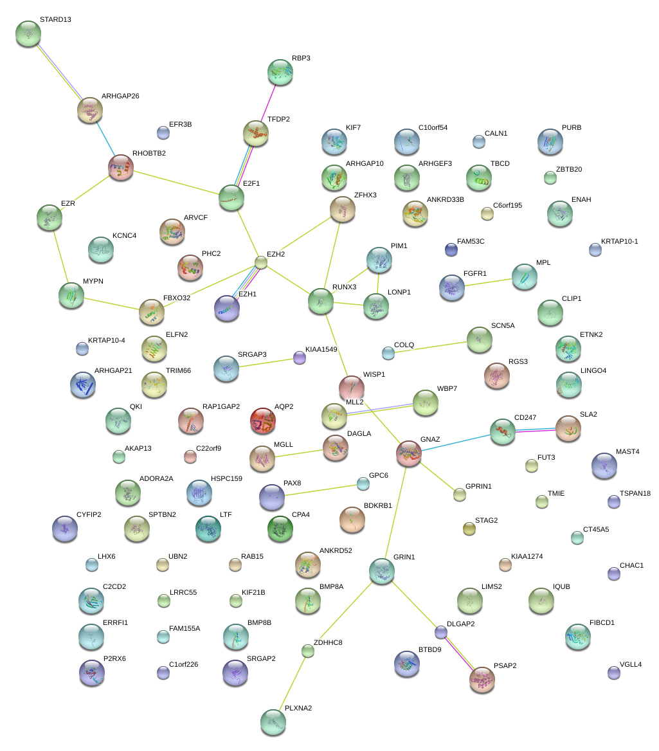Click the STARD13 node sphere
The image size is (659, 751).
(28, 33)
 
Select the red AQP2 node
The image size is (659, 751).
(262, 421)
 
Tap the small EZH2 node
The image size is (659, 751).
(260, 262)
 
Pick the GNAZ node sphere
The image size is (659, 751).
(409, 453)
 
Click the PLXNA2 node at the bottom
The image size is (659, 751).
(273, 721)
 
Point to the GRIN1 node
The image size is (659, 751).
(382, 571)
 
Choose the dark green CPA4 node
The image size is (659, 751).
(280, 528)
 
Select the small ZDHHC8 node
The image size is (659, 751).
(308, 651)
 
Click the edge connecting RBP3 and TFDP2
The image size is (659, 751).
(269, 102)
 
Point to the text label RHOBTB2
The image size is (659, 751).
(149, 154)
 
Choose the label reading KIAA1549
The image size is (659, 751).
(321, 349)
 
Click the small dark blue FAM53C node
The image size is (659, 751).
(451, 249)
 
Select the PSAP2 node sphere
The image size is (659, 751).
(482, 680)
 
